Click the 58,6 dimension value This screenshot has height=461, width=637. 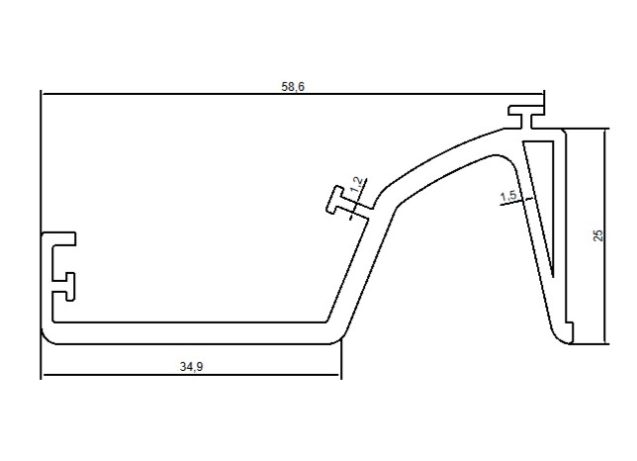pos(293,86)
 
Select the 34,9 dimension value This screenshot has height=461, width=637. pos(191,367)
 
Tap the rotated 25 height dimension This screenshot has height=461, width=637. pos(598,235)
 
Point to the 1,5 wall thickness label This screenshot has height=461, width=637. pos(508,196)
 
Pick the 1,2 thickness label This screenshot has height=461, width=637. pos(356,185)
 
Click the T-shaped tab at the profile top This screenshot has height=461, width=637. pos(526,117)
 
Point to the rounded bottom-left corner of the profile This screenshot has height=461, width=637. pos(47,337)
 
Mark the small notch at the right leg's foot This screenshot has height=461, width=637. pos(571,327)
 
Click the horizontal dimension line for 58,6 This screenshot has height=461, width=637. pos(293,94)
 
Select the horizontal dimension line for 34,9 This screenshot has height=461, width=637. pos(191,375)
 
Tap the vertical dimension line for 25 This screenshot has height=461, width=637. pos(605,236)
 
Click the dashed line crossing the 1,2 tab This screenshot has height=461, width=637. pos(358,199)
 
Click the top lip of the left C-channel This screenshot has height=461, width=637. pos(59,238)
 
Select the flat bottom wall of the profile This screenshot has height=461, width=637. pos(191,333)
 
